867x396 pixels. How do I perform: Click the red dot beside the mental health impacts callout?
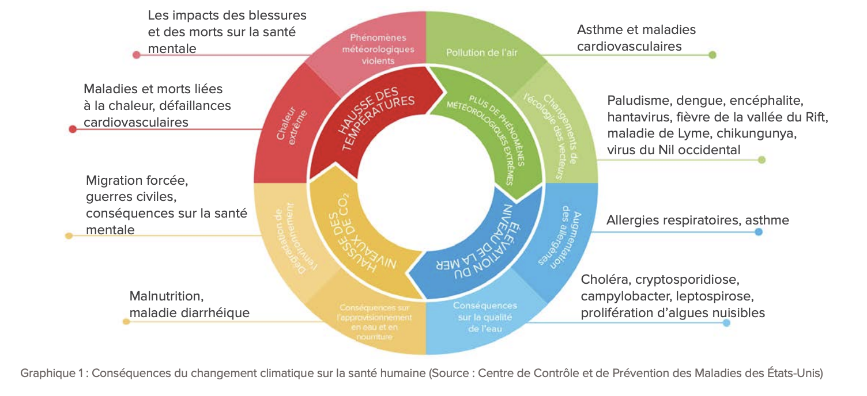(x=137, y=55)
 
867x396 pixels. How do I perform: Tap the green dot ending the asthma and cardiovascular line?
(x=713, y=55)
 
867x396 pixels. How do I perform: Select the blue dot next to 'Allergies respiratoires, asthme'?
(x=759, y=232)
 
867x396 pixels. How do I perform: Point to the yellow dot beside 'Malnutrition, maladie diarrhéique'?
(x=126, y=321)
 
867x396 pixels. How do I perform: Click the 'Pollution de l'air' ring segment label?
(x=482, y=53)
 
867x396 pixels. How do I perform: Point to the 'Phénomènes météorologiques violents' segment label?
(x=378, y=49)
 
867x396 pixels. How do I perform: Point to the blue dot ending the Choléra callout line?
(x=726, y=323)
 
